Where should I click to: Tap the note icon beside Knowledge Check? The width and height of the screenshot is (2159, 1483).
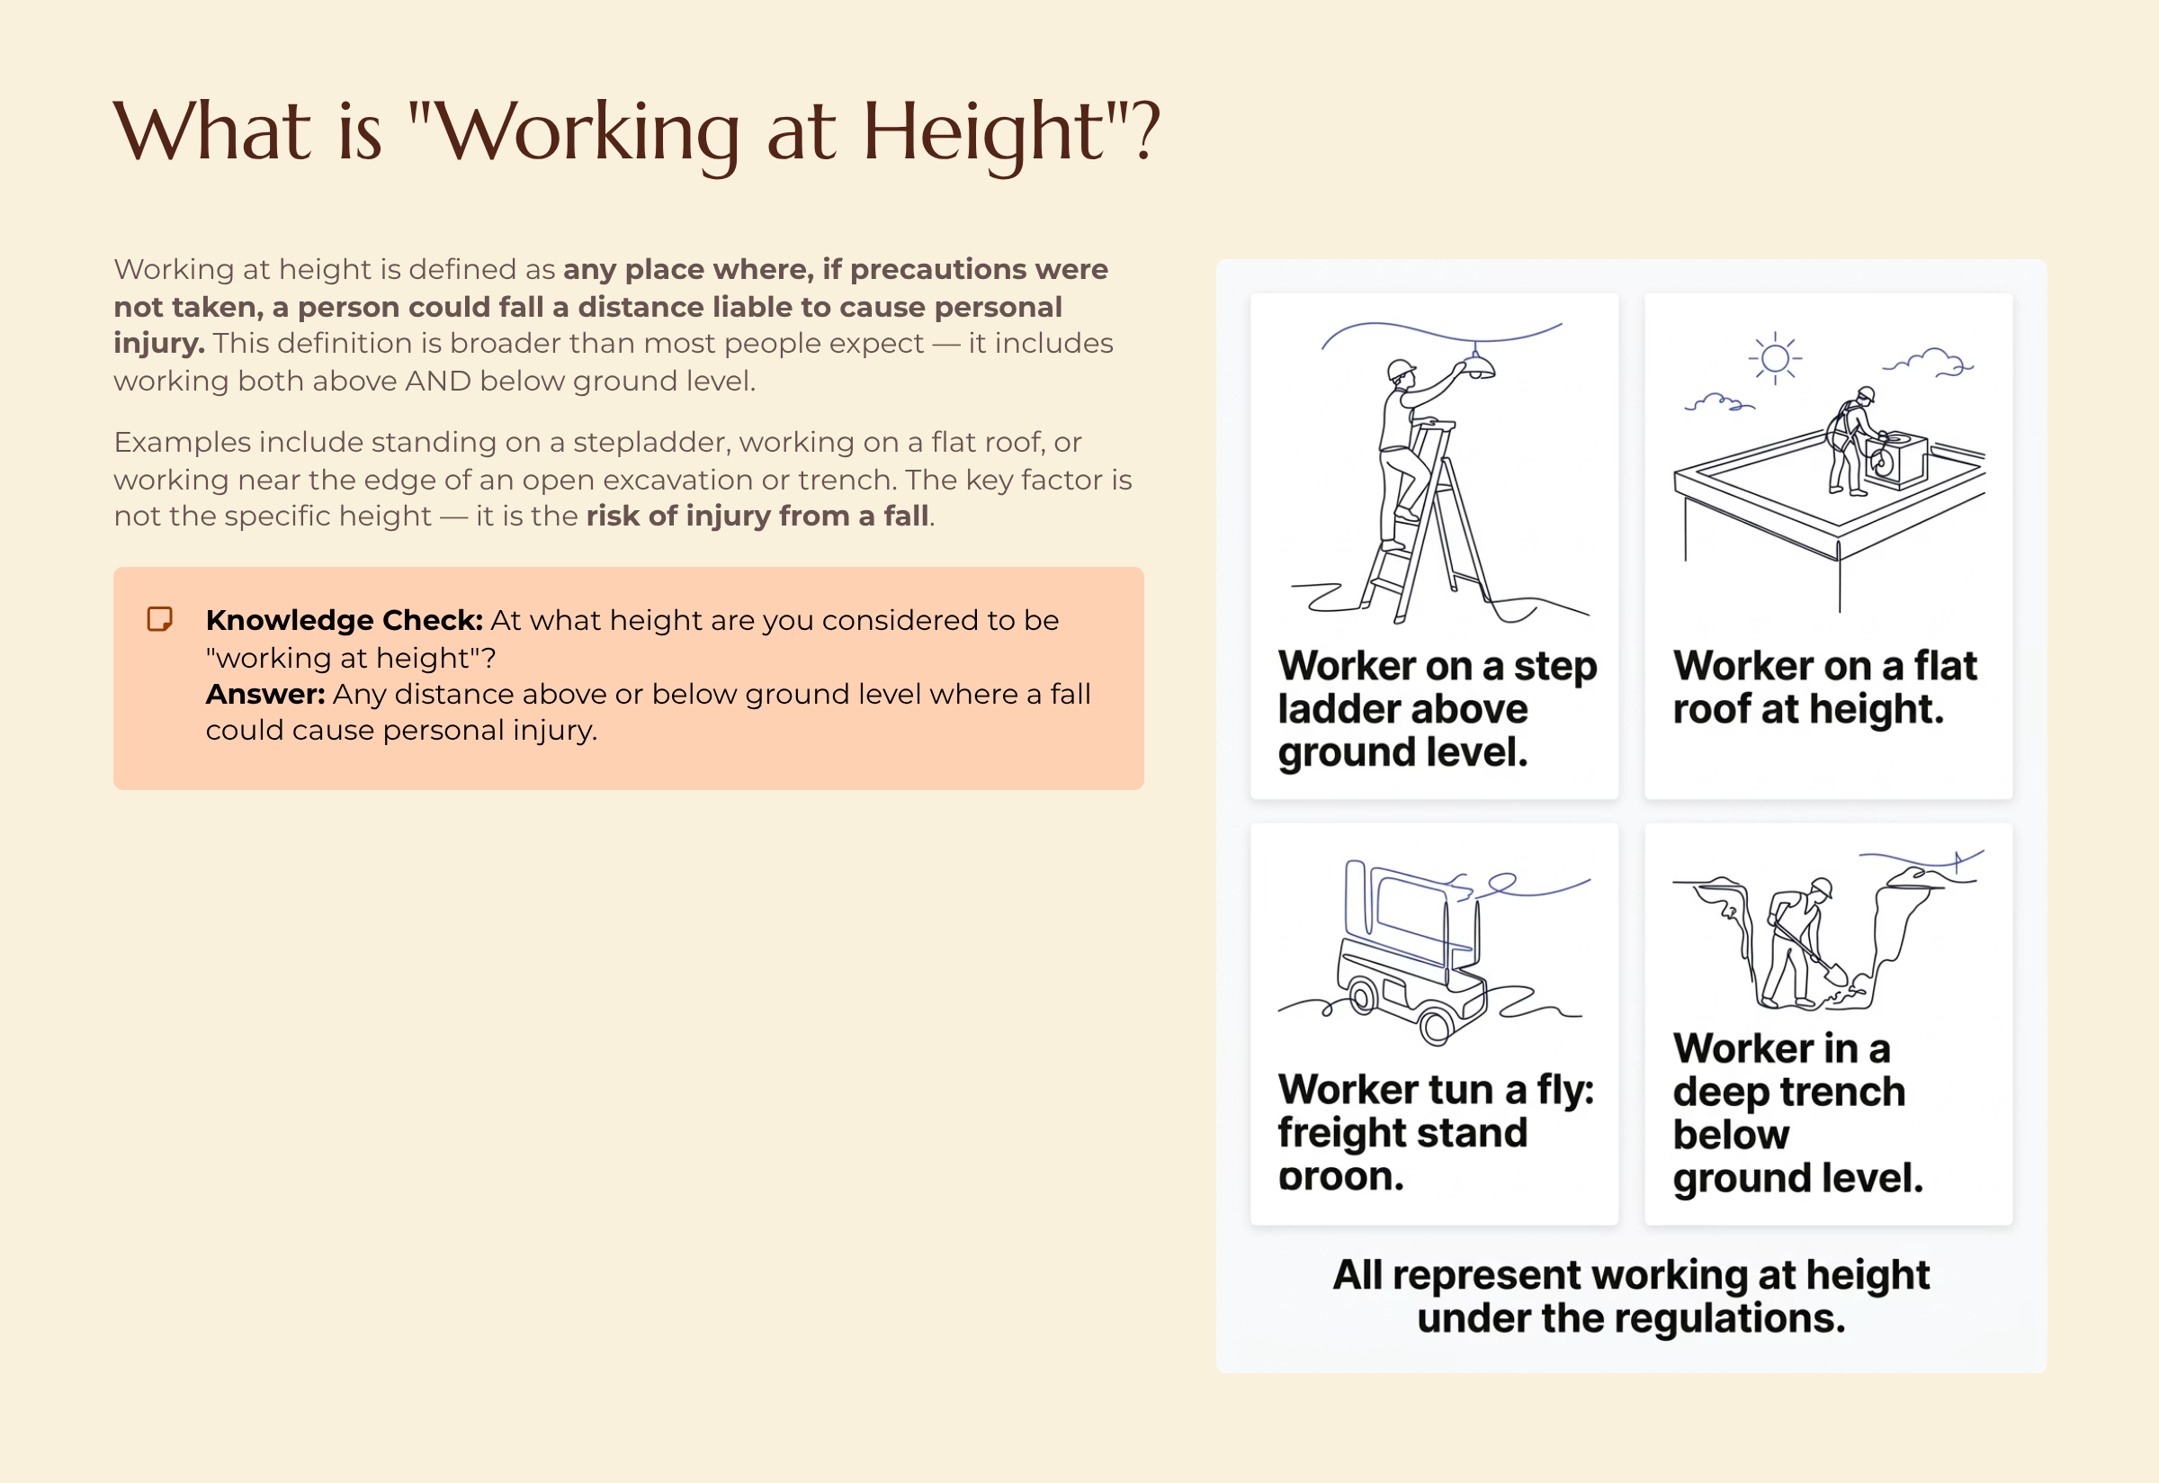pyautogui.click(x=160, y=619)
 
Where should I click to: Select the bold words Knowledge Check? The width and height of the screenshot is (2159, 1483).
pyautogui.click(x=344, y=620)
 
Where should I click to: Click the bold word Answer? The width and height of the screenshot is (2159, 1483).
pyautogui.click(x=264, y=694)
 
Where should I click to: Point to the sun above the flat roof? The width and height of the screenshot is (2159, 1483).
pyautogui.click(x=1774, y=359)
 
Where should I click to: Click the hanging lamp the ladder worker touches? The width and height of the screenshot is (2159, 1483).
pyautogui.click(x=1477, y=366)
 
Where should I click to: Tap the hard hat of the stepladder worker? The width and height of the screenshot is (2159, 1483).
pyautogui.click(x=1400, y=371)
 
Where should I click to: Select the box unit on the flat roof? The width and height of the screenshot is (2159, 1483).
pyautogui.click(x=1895, y=459)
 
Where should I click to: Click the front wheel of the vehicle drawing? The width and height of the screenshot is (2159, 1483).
pyautogui.click(x=1436, y=1027)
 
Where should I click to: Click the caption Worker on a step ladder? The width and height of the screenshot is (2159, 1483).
pyautogui.click(x=1436, y=708)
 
